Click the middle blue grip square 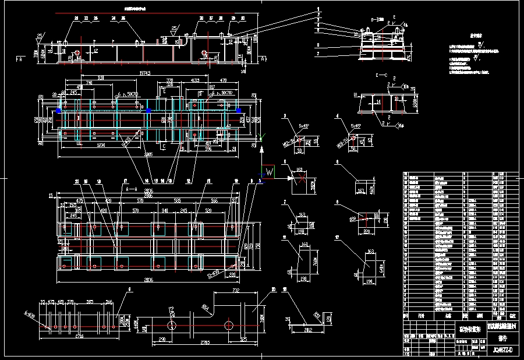click(x=148, y=110)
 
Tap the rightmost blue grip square click(x=238, y=110)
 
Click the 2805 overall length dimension click(x=148, y=154)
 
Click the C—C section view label click(x=382, y=75)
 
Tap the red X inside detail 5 click(x=299, y=179)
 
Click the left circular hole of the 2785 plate click(x=172, y=324)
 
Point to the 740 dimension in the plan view click(x=90, y=83)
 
